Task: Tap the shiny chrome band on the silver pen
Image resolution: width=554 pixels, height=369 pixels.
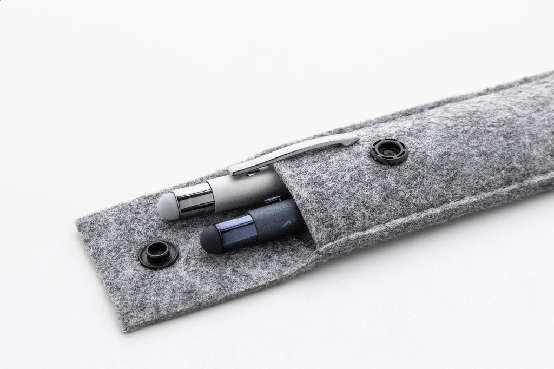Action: [x=196, y=199]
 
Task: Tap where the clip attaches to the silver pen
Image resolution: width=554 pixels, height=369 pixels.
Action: [x=238, y=169]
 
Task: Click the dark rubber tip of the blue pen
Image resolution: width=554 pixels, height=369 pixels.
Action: [x=211, y=240]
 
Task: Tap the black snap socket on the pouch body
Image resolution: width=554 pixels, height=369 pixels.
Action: [x=389, y=151]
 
